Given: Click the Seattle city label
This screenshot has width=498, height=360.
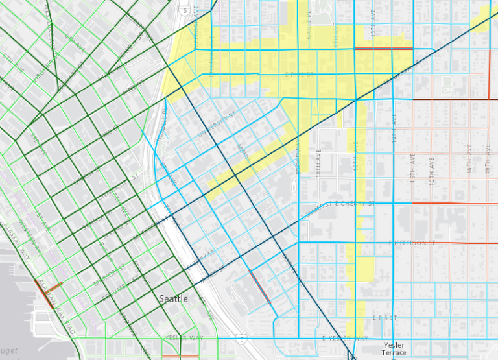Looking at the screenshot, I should (x=173, y=298).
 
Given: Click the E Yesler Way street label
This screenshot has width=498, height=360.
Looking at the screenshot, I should (x=345, y=339).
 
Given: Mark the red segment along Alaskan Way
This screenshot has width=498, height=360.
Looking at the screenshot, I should (x=44, y=293).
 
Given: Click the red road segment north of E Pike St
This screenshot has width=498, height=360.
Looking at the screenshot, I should (x=383, y=49).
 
